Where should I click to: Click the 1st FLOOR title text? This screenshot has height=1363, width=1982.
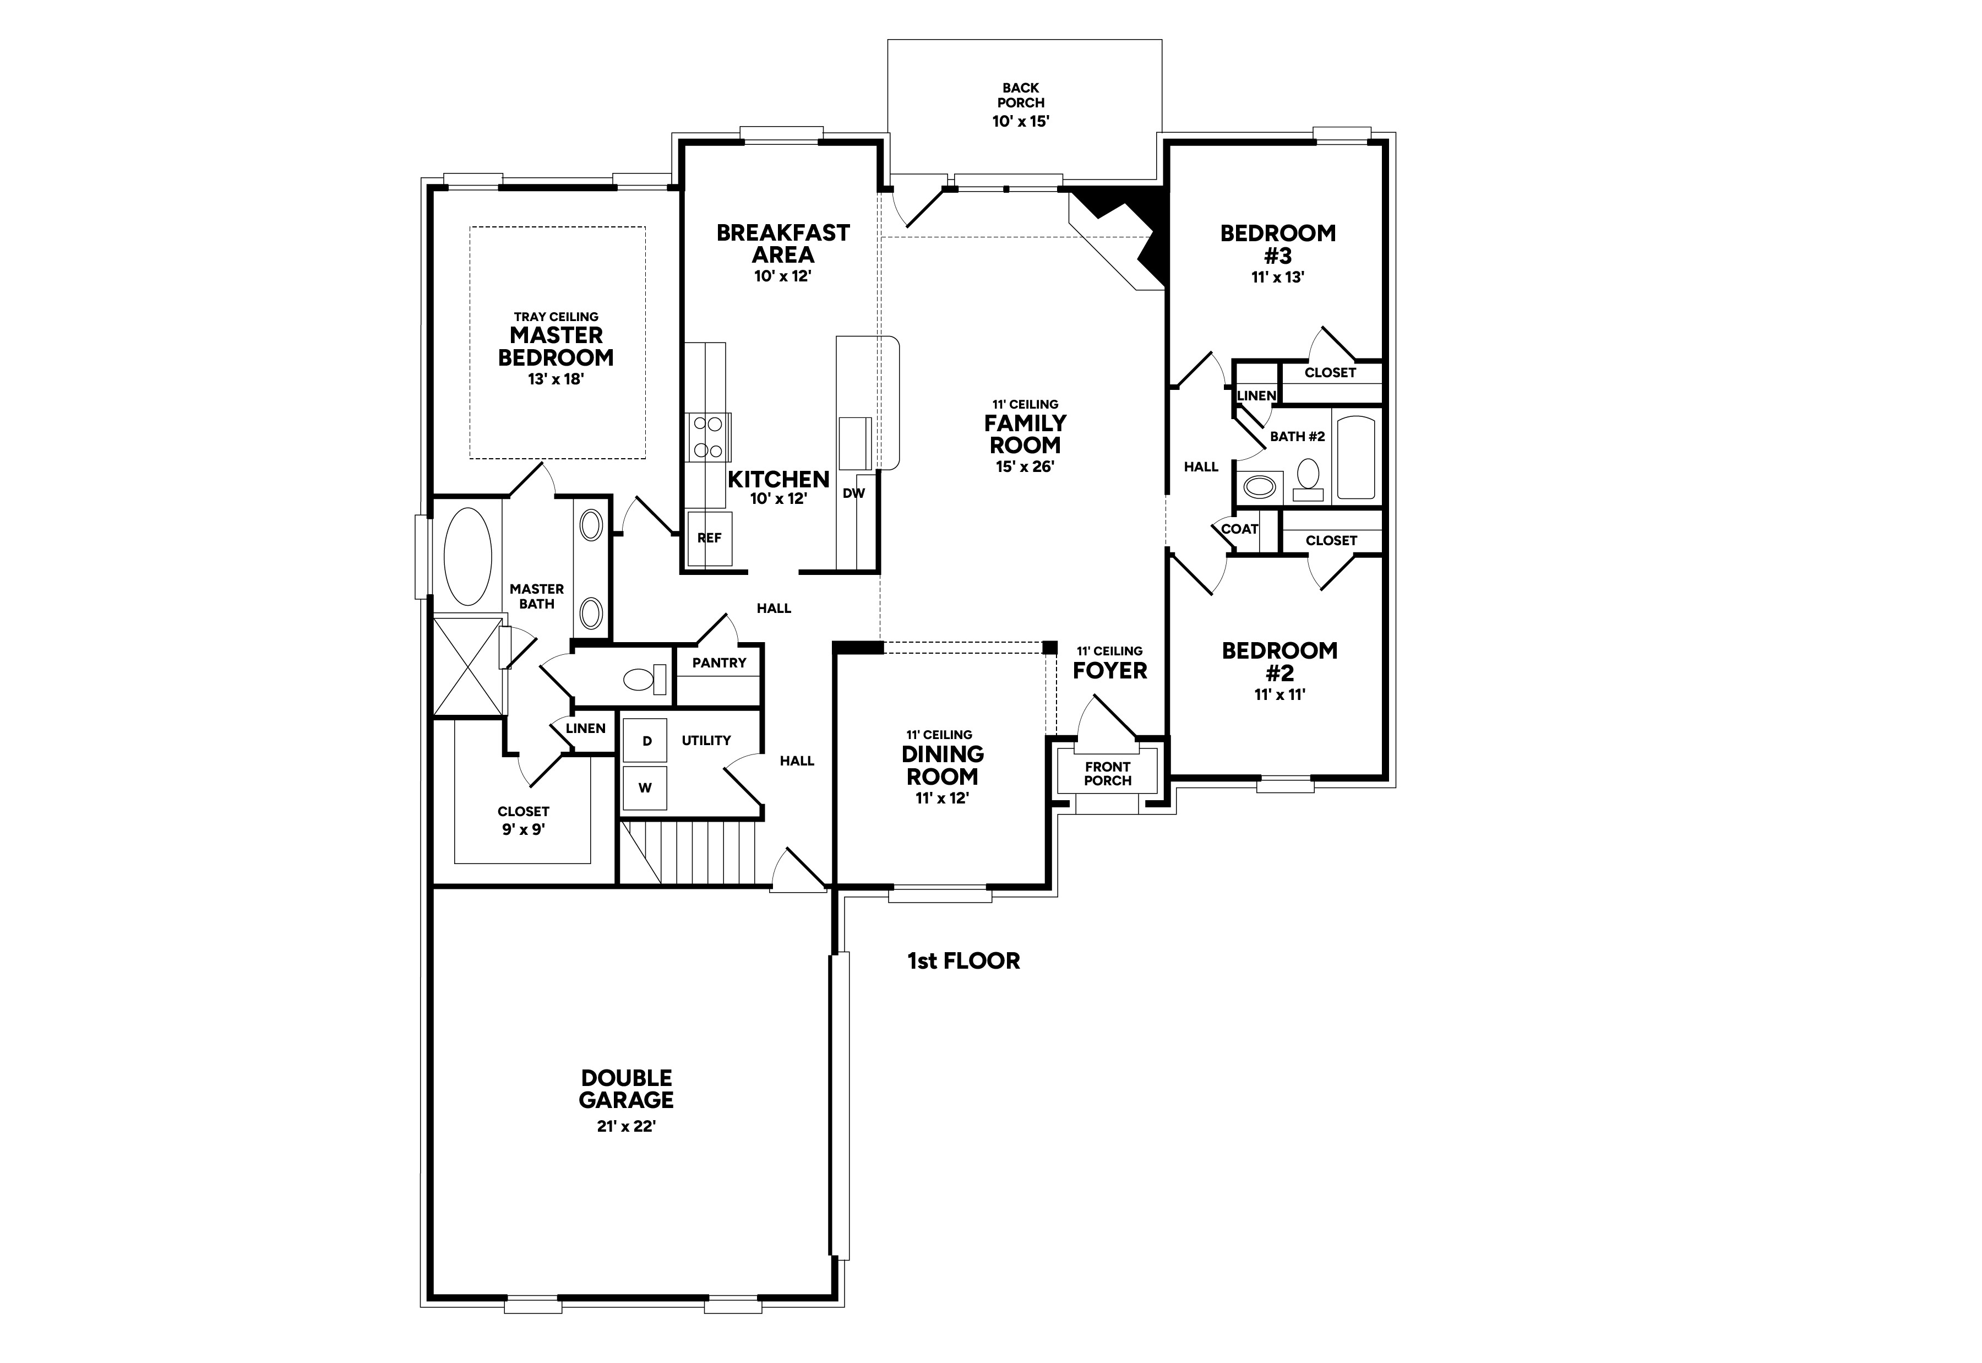(x=963, y=961)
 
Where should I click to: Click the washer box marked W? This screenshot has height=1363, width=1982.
(x=645, y=788)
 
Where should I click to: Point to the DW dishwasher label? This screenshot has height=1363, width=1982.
(x=853, y=493)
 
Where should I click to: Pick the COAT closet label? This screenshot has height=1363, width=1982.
(x=1239, y=529)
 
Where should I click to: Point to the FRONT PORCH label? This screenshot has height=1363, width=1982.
(x=1108, y=774)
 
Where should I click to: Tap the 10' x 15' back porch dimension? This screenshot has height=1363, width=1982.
(x=1020, y=121)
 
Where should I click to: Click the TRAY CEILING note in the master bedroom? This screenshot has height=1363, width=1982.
(x=556, y=317)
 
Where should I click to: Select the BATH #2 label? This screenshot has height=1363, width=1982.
(x=1298, y=436)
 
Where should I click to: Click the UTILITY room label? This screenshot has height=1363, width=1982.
(x=706, y=741)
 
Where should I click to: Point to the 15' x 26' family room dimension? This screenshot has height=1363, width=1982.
(x=1025, y=467)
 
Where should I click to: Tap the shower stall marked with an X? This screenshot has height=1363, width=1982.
(x=468, y=667)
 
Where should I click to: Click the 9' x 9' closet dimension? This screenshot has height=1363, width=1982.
(x=523, y=829)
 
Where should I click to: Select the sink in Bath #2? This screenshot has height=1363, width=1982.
(x=1259, y=487)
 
